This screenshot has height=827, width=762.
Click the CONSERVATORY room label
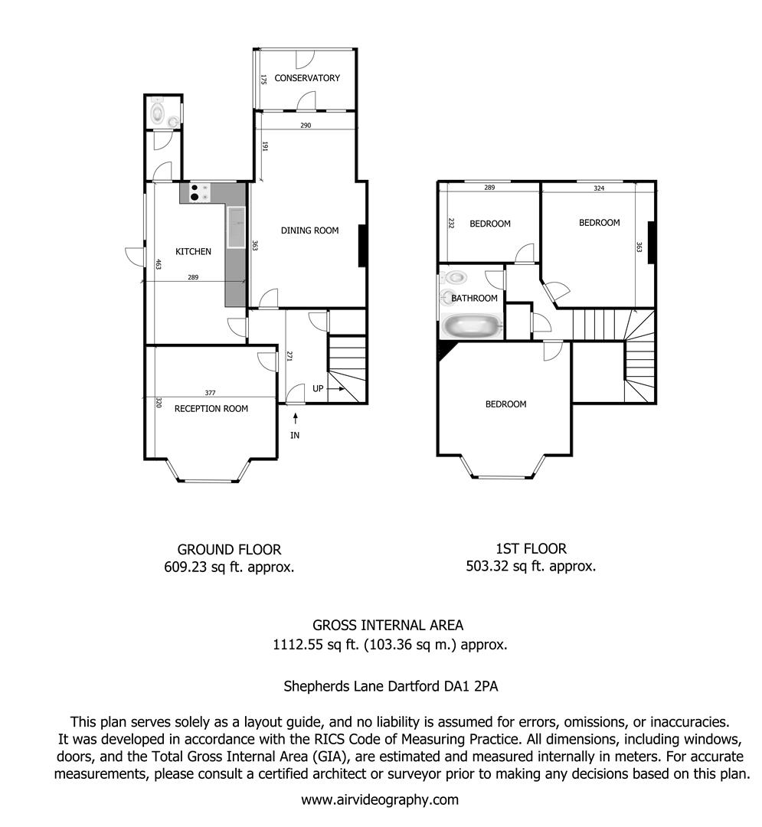(x=307, y=78)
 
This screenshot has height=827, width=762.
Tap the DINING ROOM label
(x=309, y=230)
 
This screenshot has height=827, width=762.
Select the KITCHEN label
(x=193, y=252)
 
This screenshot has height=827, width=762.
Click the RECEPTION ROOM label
(x=211, y=409)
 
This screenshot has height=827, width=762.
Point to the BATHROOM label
(x=474, y=299)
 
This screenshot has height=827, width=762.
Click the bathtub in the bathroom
(x=472, y=326)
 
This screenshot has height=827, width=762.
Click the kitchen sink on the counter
(x=236, y=227)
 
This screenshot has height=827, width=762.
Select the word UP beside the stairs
(x=318, y=389)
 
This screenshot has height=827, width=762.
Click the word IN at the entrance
(x=295, y=435)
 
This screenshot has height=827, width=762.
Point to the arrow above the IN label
(x=296, y=419)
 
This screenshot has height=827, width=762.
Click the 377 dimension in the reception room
(x=210, y=393)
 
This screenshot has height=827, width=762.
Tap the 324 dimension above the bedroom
(x=599, y=188)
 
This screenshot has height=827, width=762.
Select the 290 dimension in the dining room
(x=306, y=126)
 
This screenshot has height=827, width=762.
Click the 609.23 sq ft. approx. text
(x=229, y=567)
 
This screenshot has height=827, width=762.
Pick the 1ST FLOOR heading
(x=531, y=548)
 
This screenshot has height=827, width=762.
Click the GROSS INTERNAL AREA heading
(x=388, y=626)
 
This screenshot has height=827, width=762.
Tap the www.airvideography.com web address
(x=380, y=800)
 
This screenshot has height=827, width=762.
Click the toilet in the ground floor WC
(x=157, y=111)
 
